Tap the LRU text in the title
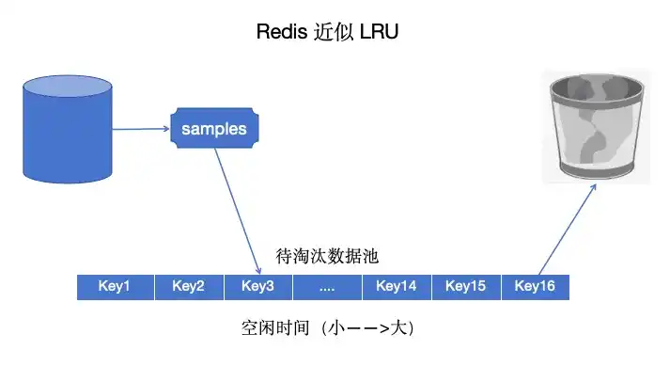381,31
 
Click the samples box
213,128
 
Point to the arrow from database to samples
141,129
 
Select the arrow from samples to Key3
237,207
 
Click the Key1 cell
114,287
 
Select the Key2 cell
188,287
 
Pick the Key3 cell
257,287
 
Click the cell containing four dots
327,287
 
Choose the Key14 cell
396,287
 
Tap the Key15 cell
465,287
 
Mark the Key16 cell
535,287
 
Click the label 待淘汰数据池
327,256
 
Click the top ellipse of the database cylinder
68,92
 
